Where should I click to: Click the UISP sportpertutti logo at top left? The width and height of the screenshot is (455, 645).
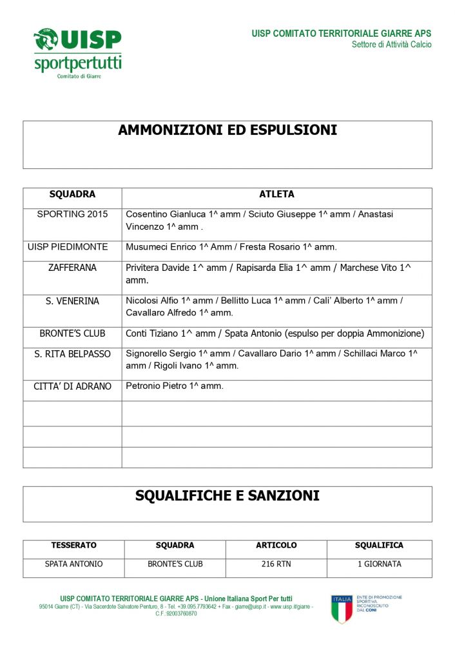pos(77,52)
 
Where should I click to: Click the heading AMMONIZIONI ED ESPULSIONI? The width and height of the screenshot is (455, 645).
pos(227,130)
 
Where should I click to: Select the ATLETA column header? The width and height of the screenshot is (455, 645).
pos(276,194)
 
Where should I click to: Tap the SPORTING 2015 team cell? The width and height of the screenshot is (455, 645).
pos(72,214)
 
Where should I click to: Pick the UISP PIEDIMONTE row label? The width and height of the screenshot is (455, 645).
pos(72,247)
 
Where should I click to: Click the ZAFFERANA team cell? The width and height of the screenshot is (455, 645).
pos(72,268)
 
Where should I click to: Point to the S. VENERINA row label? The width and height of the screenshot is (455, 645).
pos(72,301)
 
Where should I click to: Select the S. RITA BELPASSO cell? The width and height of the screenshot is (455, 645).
pos(72,354)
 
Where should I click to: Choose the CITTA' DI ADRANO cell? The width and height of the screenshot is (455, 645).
pos(72,386)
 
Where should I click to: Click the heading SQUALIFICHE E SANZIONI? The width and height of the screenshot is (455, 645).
pos(227,496)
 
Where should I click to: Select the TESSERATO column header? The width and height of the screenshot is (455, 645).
pos(73,546)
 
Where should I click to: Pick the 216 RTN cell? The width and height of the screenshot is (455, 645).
pos(276,564)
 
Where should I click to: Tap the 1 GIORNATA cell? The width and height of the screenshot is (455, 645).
pos(379,564)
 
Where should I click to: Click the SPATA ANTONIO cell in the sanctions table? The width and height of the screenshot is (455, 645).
pos(73,564)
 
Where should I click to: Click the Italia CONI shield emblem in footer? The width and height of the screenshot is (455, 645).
pos(342,610)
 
